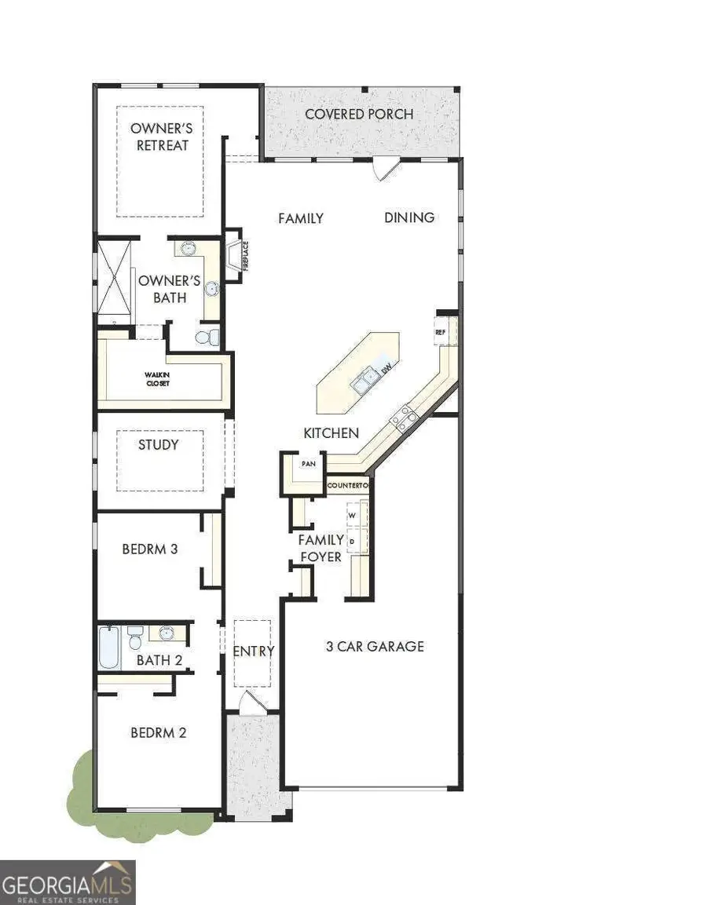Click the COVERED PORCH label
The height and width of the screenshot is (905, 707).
pyautogui.click(x=359, y=114)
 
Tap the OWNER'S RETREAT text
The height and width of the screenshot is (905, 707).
pyautogui.click(x=163, y=136)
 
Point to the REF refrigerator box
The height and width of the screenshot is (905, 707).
pyautogui.click(x=441, y=332)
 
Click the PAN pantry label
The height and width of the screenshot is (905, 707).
pyautogui.click(x=309, y=464)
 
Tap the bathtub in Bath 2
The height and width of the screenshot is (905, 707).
pyautogui.click(x=110, y=647)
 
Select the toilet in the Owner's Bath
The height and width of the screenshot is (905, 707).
pyautogui.click(x=206, y=338)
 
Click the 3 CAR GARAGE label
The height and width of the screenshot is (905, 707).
pyautogui.click(x=375, y=646)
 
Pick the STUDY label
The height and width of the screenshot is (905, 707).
pyautogui.click(x=159, y=445)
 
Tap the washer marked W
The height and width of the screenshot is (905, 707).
pyautogui.click(x=353, y=515)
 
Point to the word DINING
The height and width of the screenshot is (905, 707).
pyautogui.click(x=409, y=217)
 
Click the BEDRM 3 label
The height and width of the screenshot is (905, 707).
pyautogui.click(x=149, y=549)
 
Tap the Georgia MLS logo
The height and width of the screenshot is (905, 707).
pyautogui.click(x=68, y=882)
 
